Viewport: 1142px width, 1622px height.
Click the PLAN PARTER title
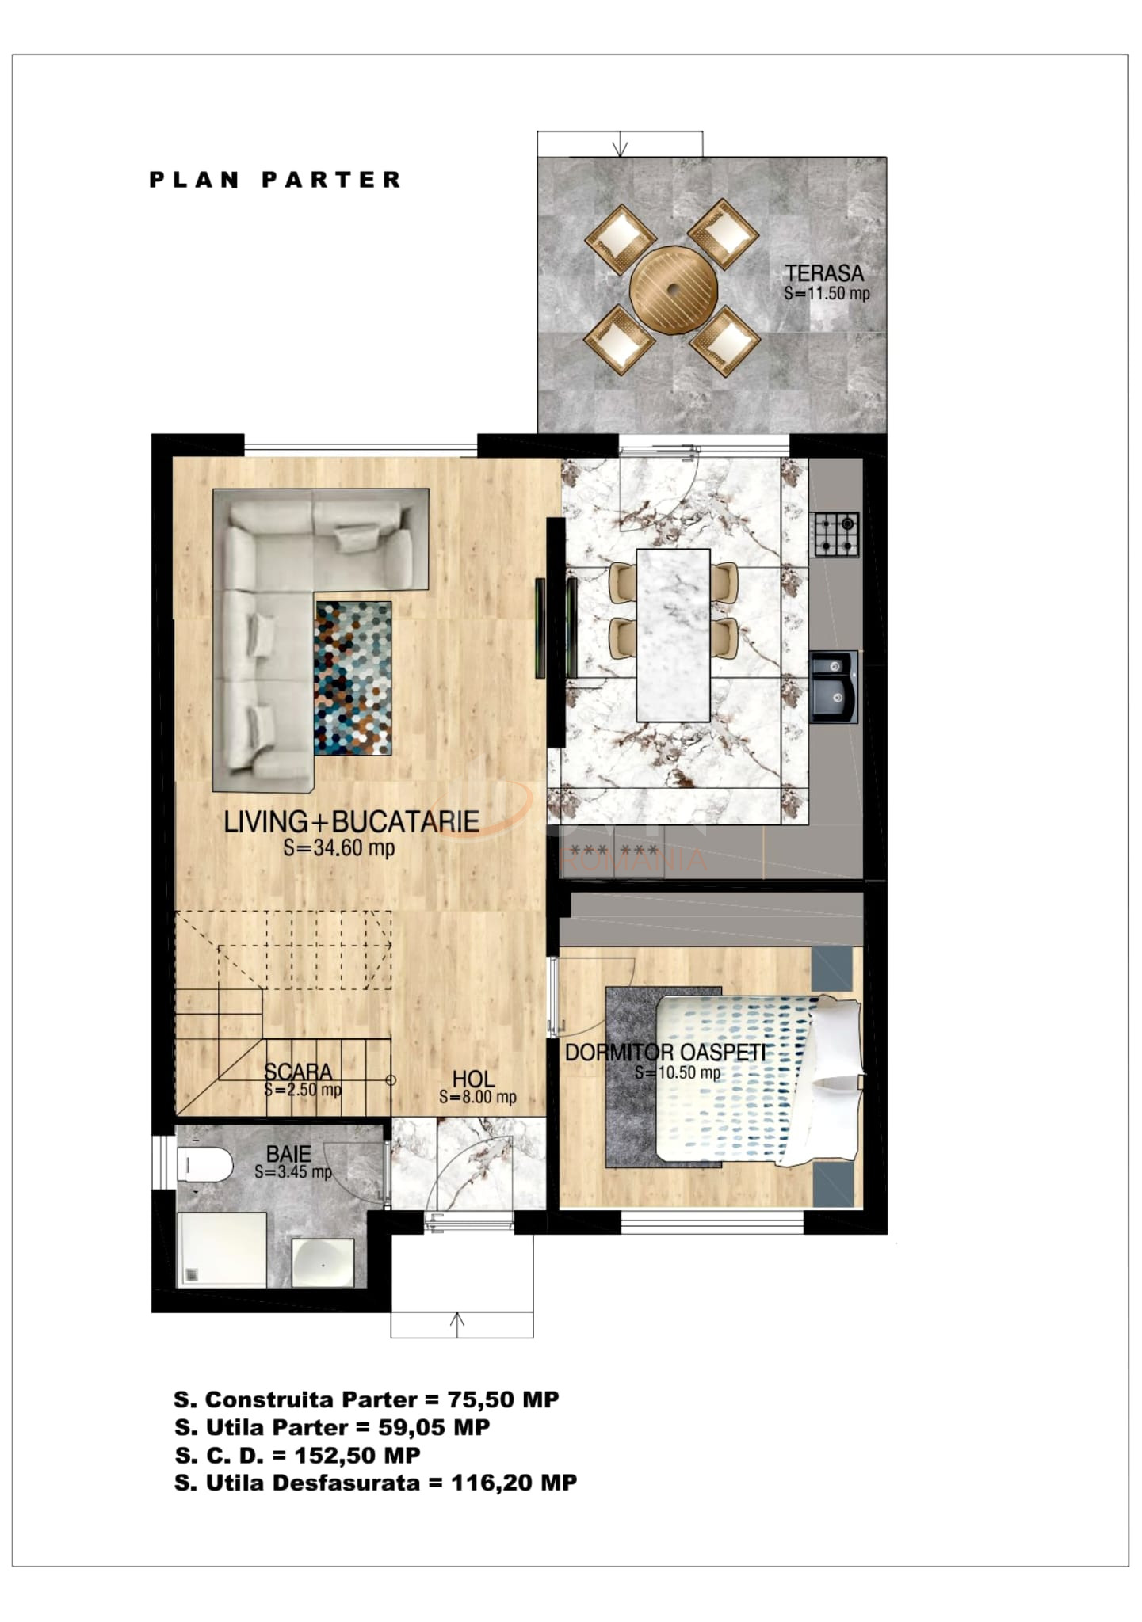tap(275, 181)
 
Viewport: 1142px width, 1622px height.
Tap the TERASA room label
tap(824, 273)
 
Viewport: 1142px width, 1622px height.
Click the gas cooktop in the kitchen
tap(835, 535)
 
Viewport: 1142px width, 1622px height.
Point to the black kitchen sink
tap(834, 687)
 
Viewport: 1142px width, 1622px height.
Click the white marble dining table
tap(673, 634)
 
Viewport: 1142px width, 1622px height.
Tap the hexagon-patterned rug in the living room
tap(353, 678)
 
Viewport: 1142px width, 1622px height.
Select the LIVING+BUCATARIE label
tap(351, 822)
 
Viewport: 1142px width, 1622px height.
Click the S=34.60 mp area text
tap(339, 848)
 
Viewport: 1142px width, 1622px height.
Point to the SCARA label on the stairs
tap(298, 1072)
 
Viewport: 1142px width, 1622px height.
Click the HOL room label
tap(474, 1079)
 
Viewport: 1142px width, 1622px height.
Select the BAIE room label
tap(288, 1154)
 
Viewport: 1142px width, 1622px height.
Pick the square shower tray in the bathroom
tap(222, 1249)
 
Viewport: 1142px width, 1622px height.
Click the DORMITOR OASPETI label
tap(666, 1053)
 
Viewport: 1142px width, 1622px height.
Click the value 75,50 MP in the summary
tap(503, 1399)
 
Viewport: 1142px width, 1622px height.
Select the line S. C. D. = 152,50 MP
tap(297, 1455)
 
